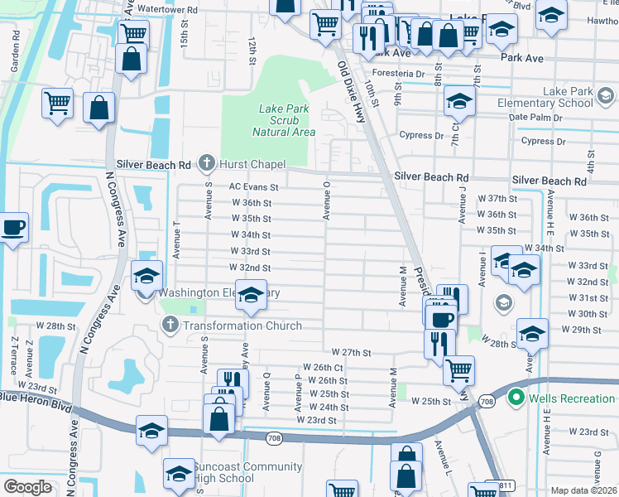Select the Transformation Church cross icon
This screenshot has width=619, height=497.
170,325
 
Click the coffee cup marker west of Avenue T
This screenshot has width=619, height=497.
14,227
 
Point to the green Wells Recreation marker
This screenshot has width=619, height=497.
518,398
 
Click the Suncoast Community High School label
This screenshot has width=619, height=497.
223,472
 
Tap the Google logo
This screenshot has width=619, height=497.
27,487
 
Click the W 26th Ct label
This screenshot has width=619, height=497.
323,366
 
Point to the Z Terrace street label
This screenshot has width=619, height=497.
14,354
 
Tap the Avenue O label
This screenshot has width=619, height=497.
327,203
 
